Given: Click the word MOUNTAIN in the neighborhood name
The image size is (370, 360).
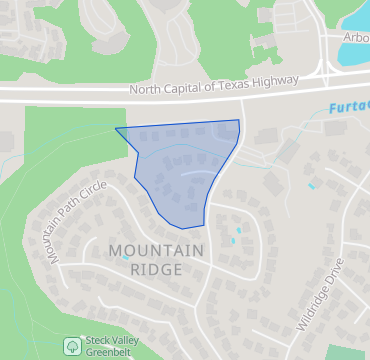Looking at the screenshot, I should click(156, 250).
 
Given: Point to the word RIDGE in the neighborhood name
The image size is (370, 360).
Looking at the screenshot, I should click(156, 270).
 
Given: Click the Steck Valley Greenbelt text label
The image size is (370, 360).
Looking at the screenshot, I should click(112, 345).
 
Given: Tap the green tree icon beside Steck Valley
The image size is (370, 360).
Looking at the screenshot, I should click(72, 346).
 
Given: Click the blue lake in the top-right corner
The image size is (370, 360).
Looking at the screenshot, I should click(354, 50).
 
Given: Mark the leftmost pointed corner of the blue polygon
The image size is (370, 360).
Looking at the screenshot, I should click(116, 129).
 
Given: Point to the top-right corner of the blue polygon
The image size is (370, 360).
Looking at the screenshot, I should click(239, 121).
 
